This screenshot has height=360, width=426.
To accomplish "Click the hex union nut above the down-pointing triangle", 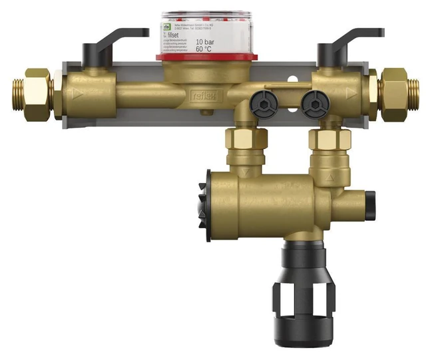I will point(247,139).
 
